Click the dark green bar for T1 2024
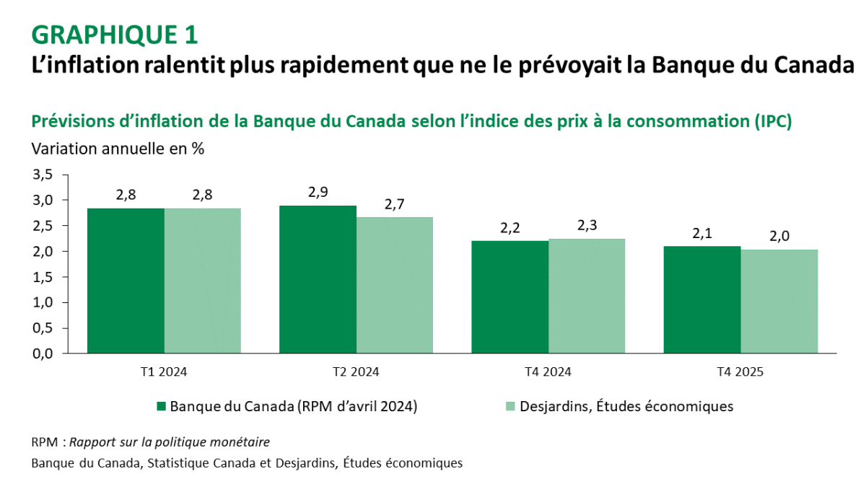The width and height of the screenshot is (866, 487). click(126, 281)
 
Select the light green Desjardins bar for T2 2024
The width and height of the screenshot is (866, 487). click(395, 285)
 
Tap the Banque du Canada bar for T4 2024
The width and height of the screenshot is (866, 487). click(509, 297)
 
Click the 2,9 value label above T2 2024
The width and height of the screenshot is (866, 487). click(318, 192)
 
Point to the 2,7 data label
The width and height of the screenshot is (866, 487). click(395, 203)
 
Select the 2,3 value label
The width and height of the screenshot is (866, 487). click(586, 225)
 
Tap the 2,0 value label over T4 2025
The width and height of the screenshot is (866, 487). click(779, 236)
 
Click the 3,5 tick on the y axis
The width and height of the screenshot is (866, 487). click(43, 175)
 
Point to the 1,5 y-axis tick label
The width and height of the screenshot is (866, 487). click(43, 277)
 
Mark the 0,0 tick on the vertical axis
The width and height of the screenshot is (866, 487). click(43, 354)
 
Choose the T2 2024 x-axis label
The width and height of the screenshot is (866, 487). click(356, 372)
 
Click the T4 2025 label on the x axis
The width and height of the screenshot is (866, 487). click(740, 372)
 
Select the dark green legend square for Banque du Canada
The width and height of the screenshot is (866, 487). click(161, 406)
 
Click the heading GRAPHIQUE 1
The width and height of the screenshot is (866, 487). click(115, 34)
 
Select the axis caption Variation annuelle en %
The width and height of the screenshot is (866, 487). click(118, 149)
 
